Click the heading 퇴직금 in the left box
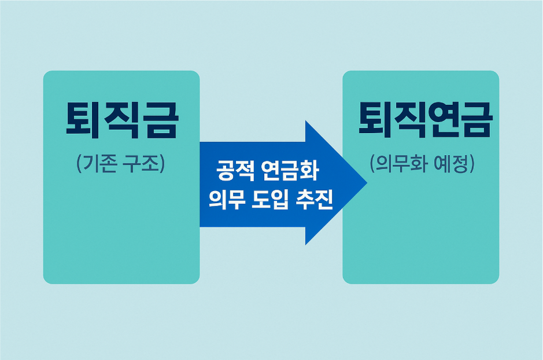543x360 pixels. (122, 120)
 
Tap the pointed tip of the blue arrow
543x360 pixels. (365, 183)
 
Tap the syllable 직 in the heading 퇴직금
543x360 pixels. (122, 120)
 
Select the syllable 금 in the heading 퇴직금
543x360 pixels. (160, 120)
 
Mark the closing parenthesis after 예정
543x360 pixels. (472, 164)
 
